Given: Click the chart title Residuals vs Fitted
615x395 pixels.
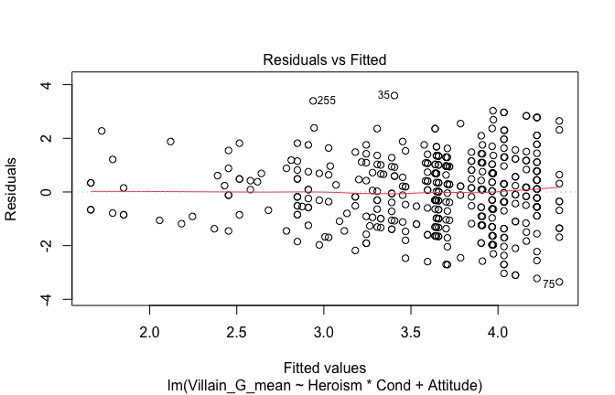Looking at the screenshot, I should [x=325, y=59].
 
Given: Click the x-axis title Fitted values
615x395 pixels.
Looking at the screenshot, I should [x=325, y=364].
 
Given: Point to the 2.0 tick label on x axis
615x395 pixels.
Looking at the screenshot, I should [x=150, y=329].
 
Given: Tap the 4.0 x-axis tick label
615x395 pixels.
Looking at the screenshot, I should [x=498, y=329].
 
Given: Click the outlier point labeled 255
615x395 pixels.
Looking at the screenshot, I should [x=313, y=101].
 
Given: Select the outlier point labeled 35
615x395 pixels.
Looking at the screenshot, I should [x=394, y=95].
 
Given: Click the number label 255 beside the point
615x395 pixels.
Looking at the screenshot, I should [x=327, y=101].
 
